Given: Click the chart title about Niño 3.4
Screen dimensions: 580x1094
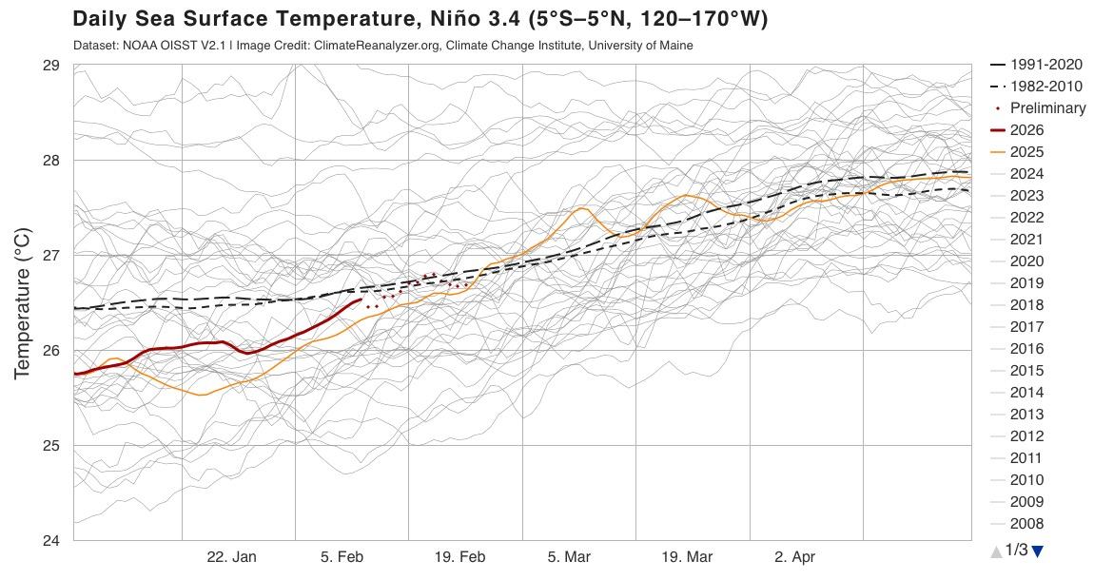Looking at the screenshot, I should [420, 19].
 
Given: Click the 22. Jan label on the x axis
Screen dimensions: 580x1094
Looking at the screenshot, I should [231, 557].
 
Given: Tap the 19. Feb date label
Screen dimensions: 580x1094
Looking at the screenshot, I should [459, 557].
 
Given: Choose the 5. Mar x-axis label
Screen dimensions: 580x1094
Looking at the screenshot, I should [570, 557].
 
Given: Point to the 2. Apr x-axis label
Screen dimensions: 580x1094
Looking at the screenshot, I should [794, 557].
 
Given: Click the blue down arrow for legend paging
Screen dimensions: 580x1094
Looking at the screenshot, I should [1038, 551].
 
